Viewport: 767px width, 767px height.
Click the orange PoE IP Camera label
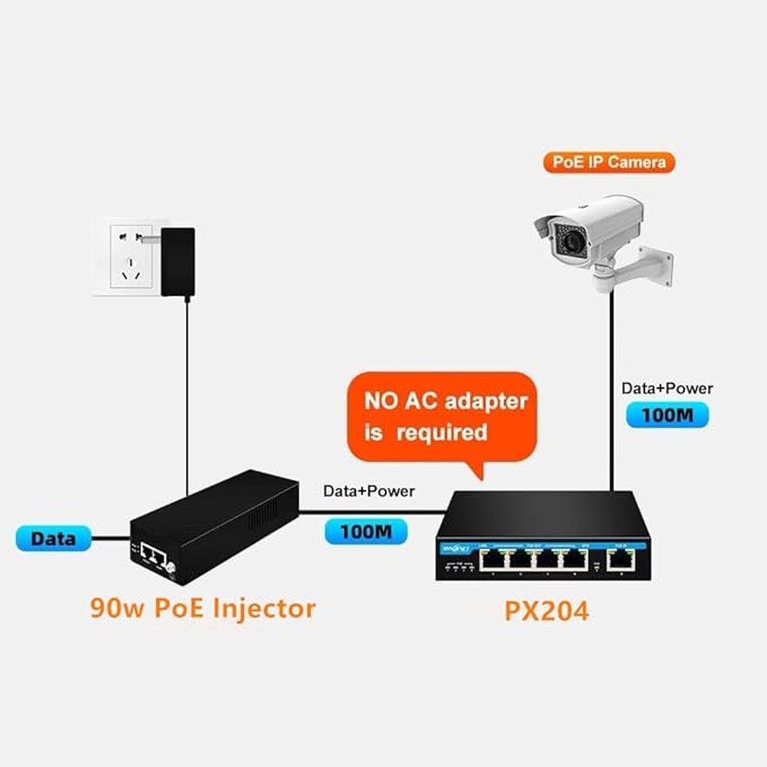pyautogui.click(x=609, y=162)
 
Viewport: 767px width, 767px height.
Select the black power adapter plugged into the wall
pyautogui.click(x=178, y=261)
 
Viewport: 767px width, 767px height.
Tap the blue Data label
pyautogui.click(x=53, y=538)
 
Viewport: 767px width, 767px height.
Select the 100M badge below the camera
pyautogui.click(x=667, y=415)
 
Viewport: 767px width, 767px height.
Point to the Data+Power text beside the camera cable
pyautogui.click(x=667, y=388)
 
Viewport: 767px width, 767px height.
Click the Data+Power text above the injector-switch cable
pyautogui.click(x=368, y=491)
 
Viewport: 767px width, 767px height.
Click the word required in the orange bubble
pyautogui.click(x=441, y=433)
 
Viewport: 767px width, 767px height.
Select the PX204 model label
pyautogui.click(x=546, y=611)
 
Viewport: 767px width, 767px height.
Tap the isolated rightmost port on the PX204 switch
pyautogui.click(x=618, y=559)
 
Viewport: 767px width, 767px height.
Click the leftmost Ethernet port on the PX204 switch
pyautogui.click(x=492, y=559)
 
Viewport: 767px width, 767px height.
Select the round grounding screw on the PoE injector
pyautogui.click(x=170, y=568)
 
